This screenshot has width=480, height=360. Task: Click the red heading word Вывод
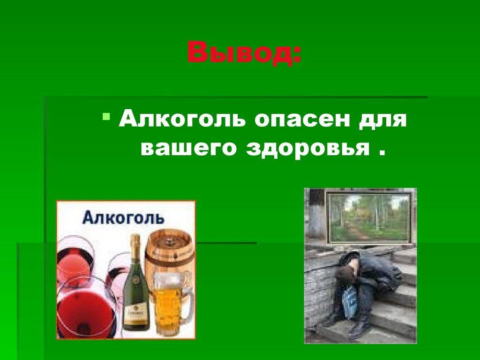tap(239, 52)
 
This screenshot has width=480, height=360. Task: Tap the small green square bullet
tap(106, 116)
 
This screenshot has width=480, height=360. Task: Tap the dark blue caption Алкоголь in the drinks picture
tap(123, 217)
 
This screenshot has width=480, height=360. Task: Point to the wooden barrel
tap(169, 254)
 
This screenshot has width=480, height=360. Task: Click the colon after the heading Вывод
tap(296, 56)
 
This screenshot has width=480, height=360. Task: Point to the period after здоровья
tap(381, 153)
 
